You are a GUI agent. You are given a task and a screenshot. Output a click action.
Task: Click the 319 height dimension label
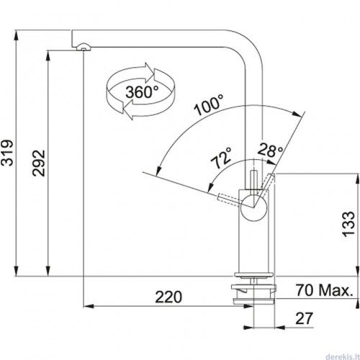click(6, 153)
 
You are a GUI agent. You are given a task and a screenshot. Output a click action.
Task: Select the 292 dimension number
click(39, 163)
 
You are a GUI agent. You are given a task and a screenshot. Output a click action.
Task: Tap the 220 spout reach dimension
click(168, 297)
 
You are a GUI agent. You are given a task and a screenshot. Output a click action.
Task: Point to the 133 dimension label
click(348, 225)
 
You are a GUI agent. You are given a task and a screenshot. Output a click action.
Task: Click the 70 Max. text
click(325, 290)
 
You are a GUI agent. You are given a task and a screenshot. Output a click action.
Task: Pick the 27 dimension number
click(305, 318)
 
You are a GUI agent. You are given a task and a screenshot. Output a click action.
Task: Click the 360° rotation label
click(142, 92)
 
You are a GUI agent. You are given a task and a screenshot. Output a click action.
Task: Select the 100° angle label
click(209, 104)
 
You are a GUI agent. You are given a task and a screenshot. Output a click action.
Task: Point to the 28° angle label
click(270, 150)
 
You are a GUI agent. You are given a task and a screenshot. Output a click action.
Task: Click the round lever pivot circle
click(253, 207)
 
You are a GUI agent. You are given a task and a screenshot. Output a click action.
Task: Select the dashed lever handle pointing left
click(230, 200)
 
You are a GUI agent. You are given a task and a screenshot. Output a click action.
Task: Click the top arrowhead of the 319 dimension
click(17, 35)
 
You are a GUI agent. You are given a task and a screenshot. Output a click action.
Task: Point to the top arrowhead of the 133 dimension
click(359, 179)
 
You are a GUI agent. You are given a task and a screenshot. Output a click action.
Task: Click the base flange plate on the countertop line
click(253, 275)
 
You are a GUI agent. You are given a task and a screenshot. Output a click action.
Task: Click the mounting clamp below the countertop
click(253, 293)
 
